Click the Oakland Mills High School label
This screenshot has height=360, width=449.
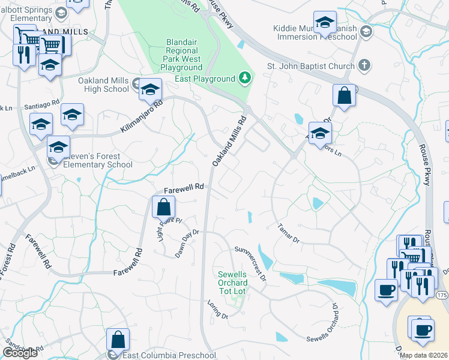[103, 85]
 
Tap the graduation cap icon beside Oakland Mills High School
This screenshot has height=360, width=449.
[150, 90]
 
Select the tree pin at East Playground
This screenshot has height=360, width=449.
[244, 78]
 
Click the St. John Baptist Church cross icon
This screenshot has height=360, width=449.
[364, 65]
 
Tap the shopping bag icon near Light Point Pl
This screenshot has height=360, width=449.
[164, 208]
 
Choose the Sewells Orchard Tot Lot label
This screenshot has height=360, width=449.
[232, 283]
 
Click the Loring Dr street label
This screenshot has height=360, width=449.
[217, 311]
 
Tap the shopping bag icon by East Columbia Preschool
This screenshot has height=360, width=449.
[118, 340]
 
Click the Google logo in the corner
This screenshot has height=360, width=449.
[20, 353]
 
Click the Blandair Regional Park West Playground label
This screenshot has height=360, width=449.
[184, 55]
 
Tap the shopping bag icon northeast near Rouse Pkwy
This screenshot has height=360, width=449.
[345, 95]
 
